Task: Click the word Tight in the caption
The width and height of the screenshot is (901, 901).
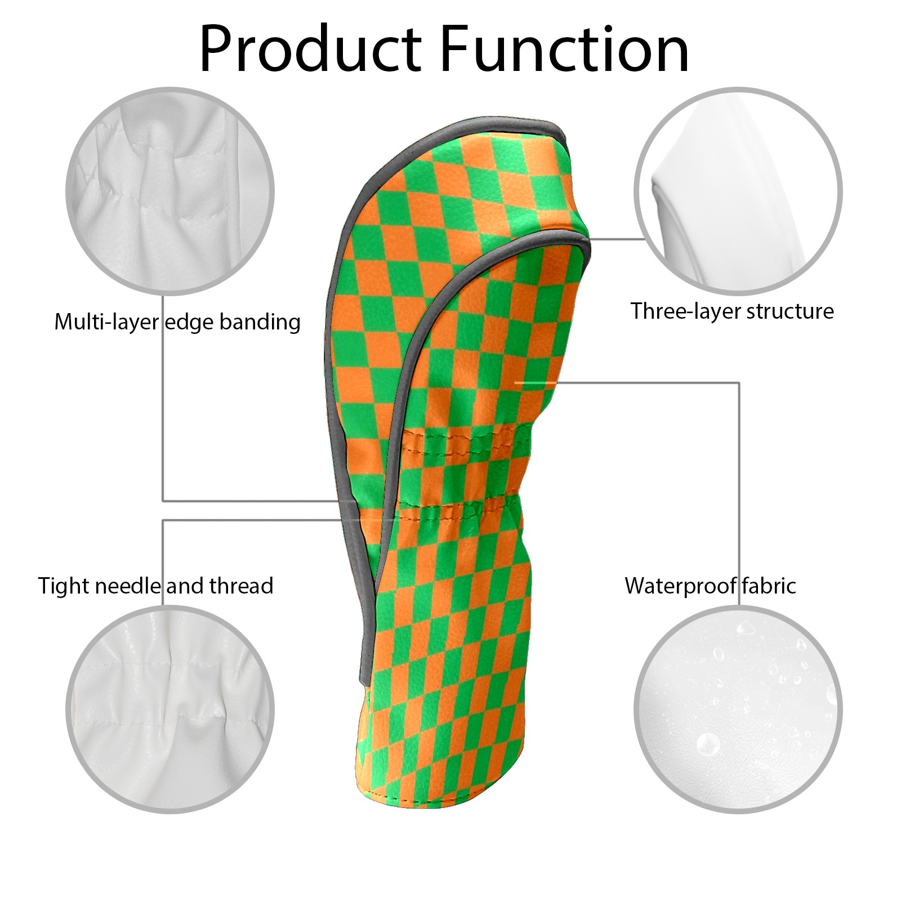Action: tap(63, 586)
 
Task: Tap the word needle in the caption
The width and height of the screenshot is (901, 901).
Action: tap(128, 586)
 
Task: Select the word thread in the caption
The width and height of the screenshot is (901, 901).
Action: tap(241, 586)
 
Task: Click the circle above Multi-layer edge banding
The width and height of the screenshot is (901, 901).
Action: tap(170, 191)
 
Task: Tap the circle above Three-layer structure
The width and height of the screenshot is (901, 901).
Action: tap(738, 191)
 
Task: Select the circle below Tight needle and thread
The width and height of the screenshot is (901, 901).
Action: tap(170, 710)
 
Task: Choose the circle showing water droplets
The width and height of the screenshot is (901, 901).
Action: tap(738, 710)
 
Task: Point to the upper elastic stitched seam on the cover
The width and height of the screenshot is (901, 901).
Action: tap(462, 437)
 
